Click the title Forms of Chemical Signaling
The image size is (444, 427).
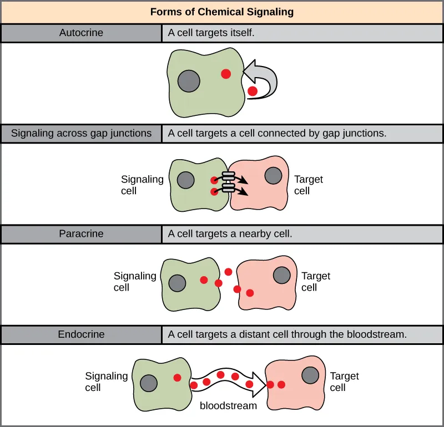(222, 12)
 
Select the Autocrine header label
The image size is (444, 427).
(81, 33)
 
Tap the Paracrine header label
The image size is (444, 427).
(81, 233)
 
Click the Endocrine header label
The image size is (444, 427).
(81, 334)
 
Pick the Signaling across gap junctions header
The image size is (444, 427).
(81, 133)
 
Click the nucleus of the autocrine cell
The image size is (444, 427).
(189, 82)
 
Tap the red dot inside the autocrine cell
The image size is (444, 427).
(226, 74)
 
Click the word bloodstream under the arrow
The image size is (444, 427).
(228, 405)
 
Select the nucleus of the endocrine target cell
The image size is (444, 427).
(310, 375)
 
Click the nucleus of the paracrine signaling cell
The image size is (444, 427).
(177, 282)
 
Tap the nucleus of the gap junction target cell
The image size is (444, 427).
(273, 176)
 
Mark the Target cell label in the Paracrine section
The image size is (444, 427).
(315, 281)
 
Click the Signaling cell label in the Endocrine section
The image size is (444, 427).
(106, 382)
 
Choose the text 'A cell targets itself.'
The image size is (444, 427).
(211, 33)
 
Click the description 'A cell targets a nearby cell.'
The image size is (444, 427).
(230, 233)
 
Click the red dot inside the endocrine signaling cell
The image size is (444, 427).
(177, 378)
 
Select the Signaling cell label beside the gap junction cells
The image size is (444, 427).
(142, 185)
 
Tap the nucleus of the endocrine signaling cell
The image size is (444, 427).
(148, 383)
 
